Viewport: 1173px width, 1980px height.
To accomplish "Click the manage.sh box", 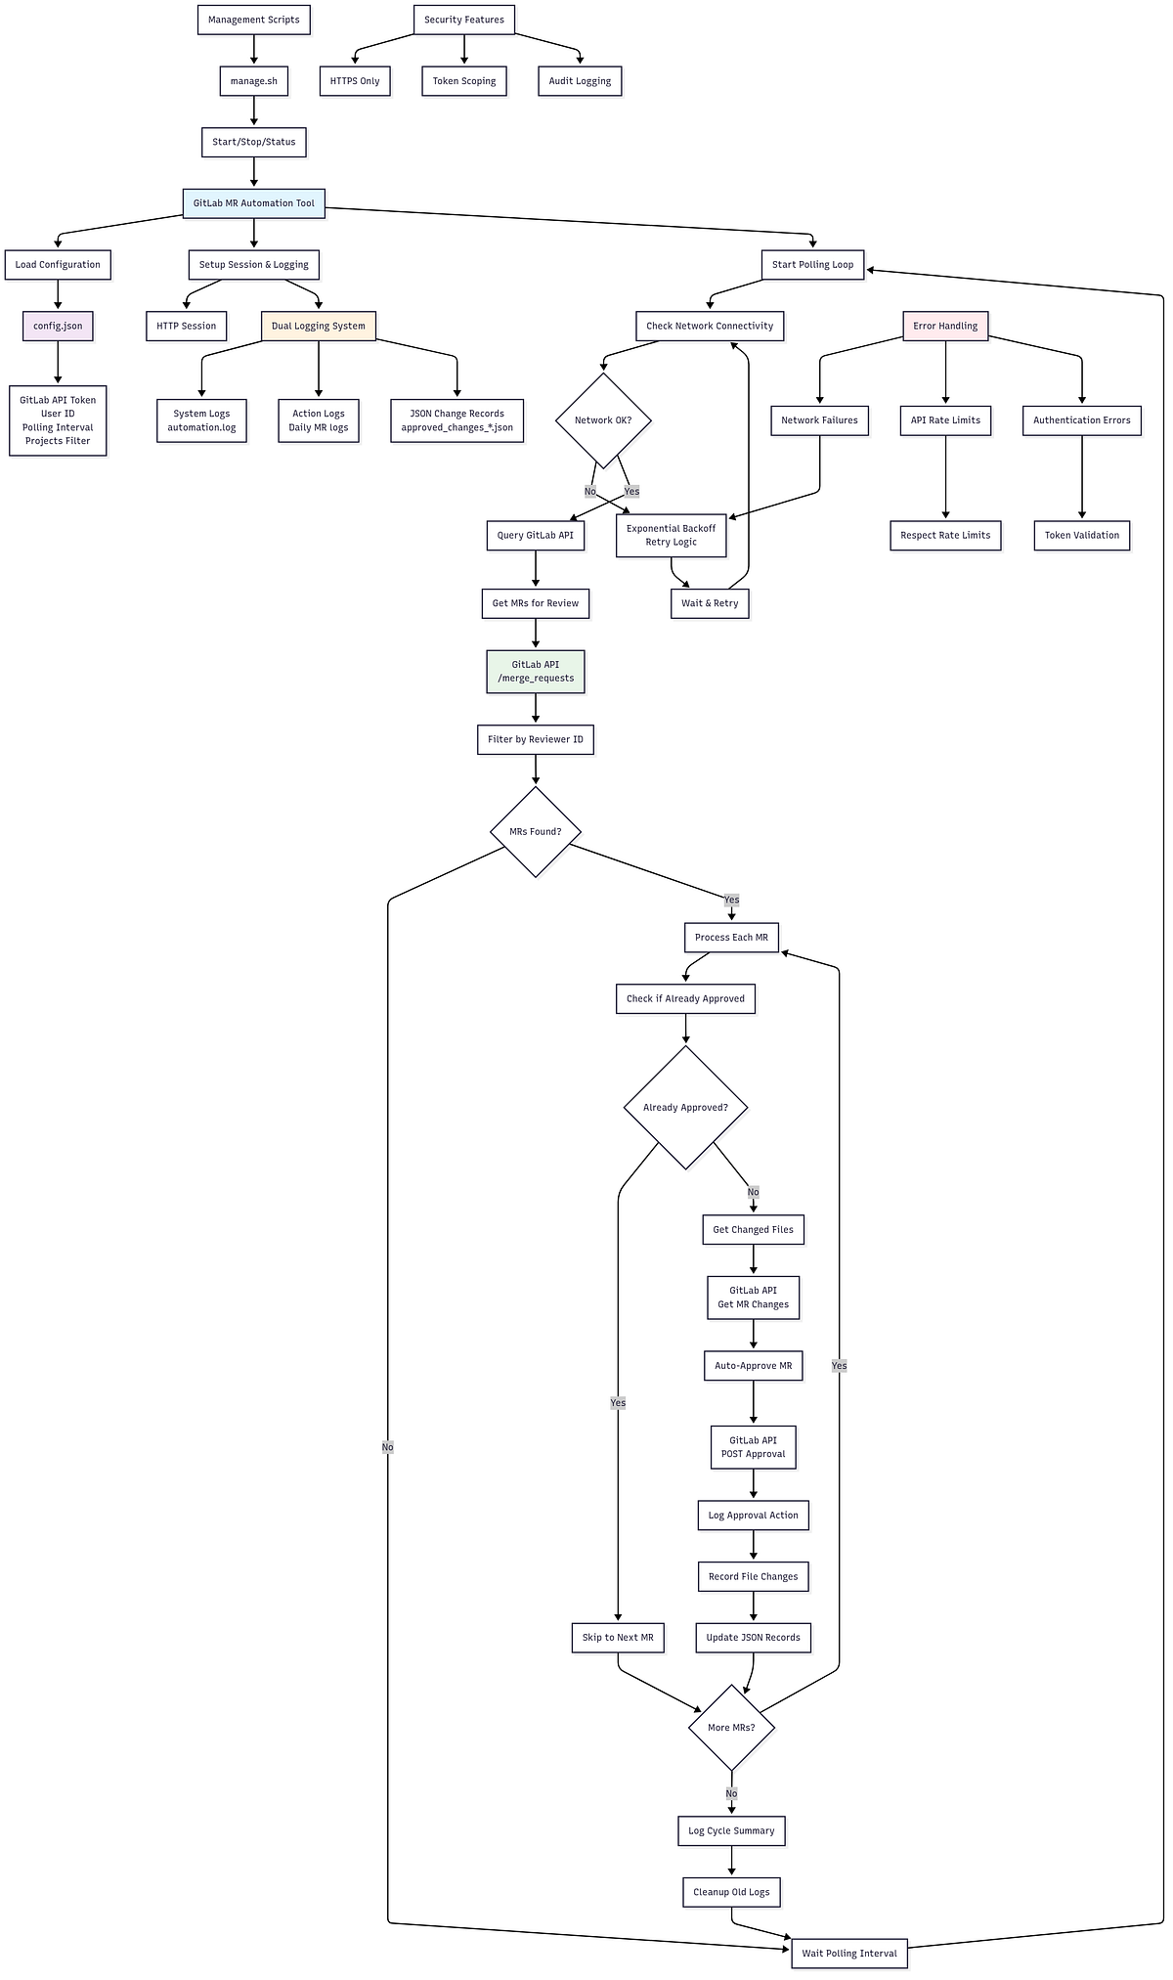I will [x=254, y=81].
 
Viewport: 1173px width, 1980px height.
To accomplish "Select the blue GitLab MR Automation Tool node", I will [x=254, y=203].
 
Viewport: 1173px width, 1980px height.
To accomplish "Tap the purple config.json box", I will [x=58, y=326].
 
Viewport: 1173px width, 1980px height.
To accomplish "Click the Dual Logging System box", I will [x=319, y=326].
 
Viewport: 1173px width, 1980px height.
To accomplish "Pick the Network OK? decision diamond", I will [x=603, y=420].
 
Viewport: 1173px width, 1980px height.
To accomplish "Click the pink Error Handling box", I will [x=945, y=326].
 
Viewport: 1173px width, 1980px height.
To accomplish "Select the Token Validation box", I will [x=1082, y=535].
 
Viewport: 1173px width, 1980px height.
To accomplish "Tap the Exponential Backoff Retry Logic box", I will [x=672, y=535].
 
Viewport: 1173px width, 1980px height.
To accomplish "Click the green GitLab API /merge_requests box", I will [x=536, y=672].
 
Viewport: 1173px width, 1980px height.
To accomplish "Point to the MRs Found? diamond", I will [x=536, y=832].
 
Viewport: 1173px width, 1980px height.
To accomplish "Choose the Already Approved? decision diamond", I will [x=685, y=1108].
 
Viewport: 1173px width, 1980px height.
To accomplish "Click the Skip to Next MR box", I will [x=618, y=1638].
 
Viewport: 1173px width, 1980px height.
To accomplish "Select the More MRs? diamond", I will [x=731, y=1728].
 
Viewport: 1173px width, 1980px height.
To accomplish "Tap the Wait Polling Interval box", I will [x=849, y=1954].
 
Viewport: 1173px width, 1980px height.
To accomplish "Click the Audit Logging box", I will [x=580, y=81].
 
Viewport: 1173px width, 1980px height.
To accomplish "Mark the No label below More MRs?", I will [x=731, y=1793].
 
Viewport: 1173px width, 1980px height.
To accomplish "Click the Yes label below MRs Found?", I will [x=731, y=900].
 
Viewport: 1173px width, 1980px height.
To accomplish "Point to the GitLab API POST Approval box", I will [x=754, y=1447].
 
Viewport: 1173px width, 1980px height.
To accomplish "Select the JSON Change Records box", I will [x=456, y=420].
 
